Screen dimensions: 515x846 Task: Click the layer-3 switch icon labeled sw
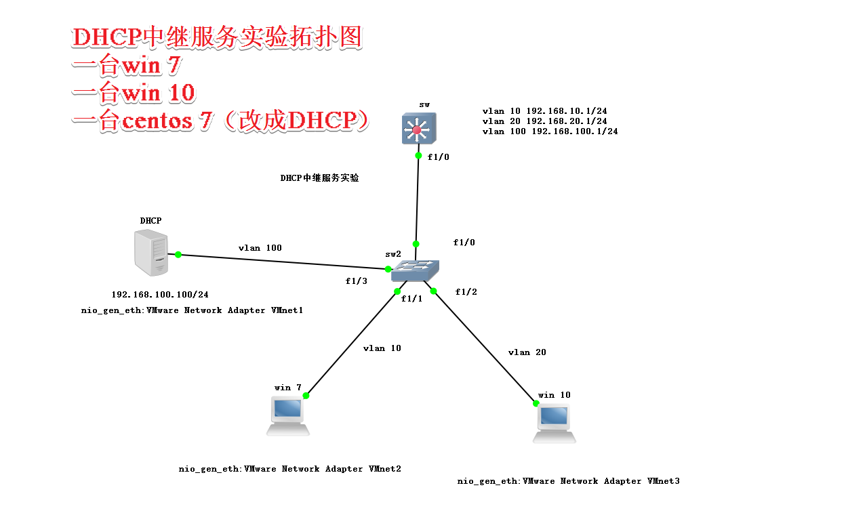click(x=418, y=127)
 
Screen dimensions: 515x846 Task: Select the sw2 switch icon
click(x=415, y=270)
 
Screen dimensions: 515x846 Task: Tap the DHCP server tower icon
click(x=151, y=252)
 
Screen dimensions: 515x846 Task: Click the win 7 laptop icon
click(x=288, y=415)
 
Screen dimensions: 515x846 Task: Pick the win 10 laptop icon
click(x=554, y=424)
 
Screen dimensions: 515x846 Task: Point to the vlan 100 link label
click(x=260, y=248)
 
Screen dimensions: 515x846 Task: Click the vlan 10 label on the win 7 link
click(x=382, y=348)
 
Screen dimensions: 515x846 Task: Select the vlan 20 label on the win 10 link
click(x=527, y=352)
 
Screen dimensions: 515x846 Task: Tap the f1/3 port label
click(x=356, y=281)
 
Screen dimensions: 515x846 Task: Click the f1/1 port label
click(x=411, y=298)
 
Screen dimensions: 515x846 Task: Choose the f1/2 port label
click(x=466, y=292)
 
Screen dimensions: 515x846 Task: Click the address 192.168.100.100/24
click(x=160, y=295)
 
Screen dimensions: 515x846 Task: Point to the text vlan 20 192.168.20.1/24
click(x=544, y=121)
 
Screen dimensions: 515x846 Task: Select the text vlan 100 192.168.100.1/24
click(x=550, y=131)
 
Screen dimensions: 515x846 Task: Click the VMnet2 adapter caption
click(x=289, y=469)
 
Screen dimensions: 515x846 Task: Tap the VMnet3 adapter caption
click(x=568, y=481)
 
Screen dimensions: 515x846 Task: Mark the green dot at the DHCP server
click(x=178, y=255)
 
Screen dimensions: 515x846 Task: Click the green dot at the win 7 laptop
click(x=306, y=396)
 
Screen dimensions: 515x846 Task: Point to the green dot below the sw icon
click(x=419, y=156)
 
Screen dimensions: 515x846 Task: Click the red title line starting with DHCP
click(x=218, y=38)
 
